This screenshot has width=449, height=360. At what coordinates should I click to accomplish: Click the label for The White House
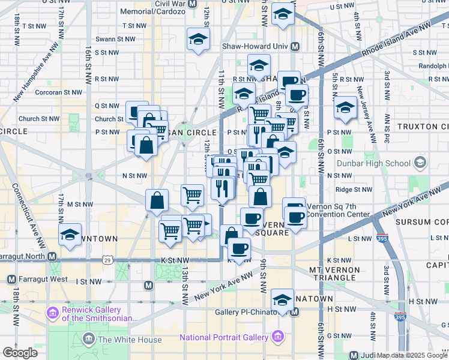(130, 340)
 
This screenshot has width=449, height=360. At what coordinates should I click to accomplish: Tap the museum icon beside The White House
(89, 340)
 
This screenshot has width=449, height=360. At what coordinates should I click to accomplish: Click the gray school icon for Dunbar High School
(420, 163)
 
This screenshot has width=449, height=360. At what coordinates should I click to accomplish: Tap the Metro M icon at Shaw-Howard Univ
(295, 47)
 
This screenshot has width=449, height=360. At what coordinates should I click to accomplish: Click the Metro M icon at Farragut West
(11, 280)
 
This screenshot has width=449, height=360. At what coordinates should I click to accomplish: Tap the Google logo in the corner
(20, 353)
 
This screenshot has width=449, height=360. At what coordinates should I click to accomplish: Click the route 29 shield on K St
(107, 260)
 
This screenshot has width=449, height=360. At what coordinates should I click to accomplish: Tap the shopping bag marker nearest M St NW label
(156, 200)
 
